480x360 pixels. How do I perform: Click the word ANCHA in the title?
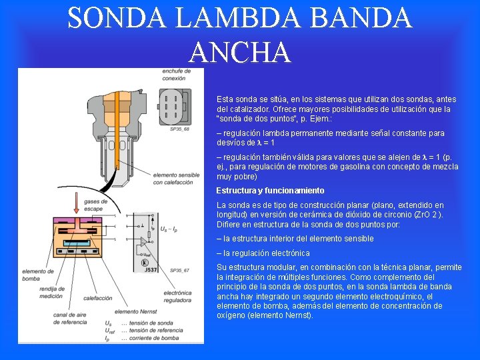coord(240,52)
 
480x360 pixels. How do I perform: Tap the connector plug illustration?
coord(174,106)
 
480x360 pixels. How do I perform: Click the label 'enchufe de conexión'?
coord(173,75)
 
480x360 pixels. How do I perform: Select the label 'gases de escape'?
coord(95,205)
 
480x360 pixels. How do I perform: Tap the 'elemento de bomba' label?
coord(38,275)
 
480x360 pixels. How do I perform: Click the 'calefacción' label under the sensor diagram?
coord(97,298)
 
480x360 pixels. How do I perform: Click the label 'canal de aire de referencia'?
coord(69,318)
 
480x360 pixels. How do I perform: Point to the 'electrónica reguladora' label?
coord(177,296)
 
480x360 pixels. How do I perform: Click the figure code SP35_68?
coord(179,129)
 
